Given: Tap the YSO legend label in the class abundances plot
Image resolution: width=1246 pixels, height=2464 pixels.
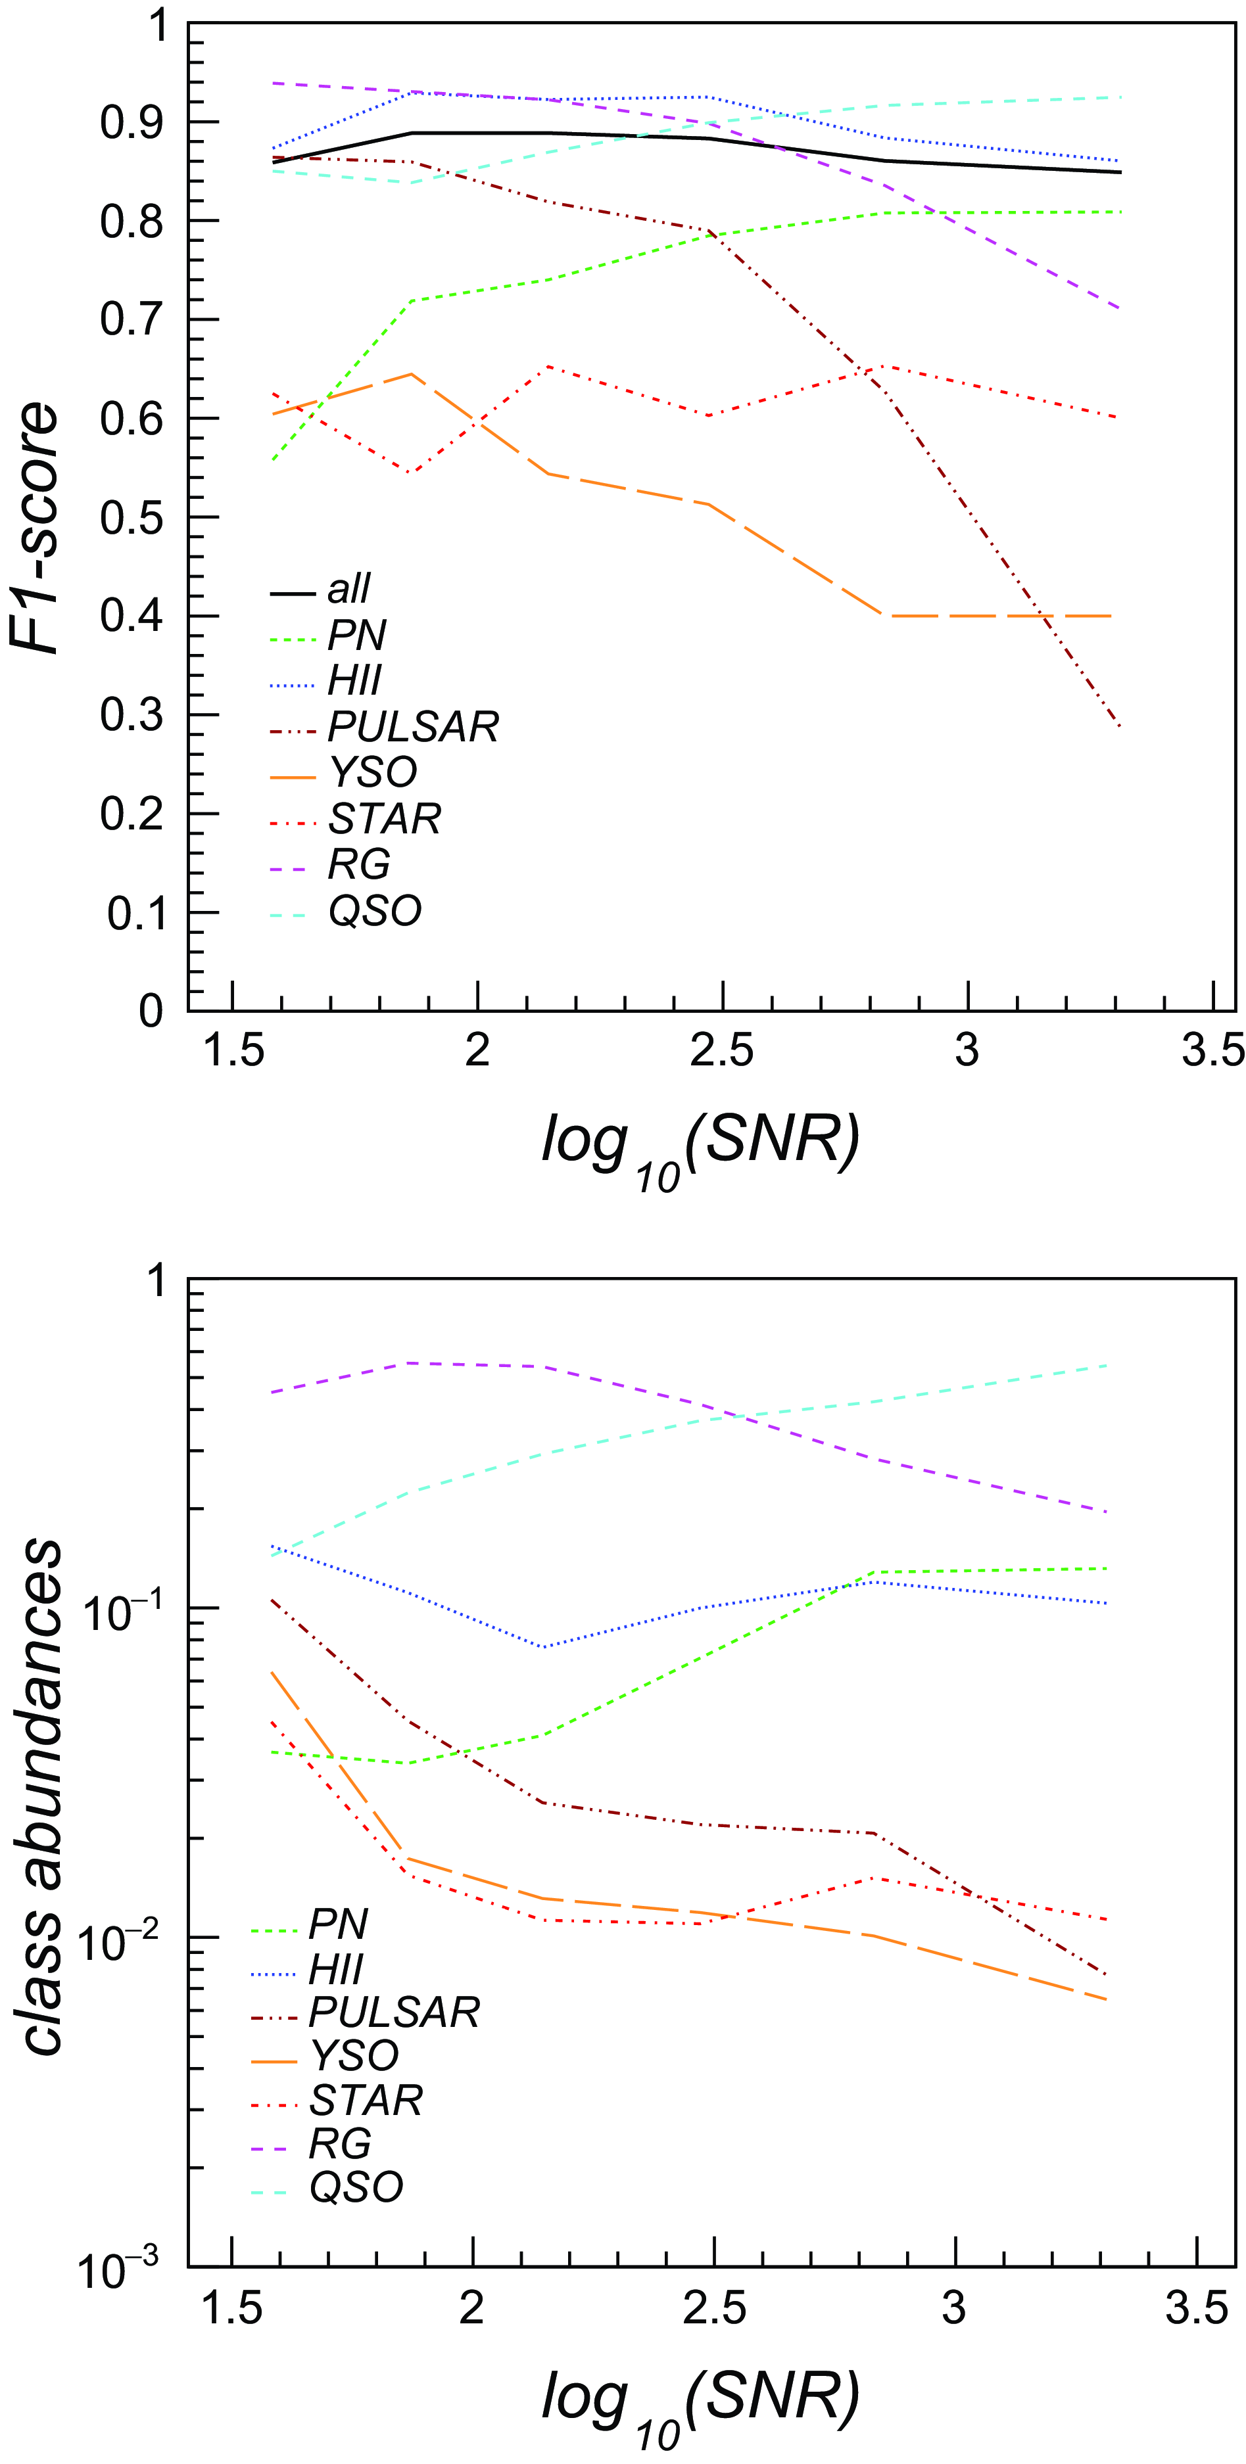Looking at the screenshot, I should point(355,2055).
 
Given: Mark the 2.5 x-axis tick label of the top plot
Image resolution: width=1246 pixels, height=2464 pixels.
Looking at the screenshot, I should point(721,1051).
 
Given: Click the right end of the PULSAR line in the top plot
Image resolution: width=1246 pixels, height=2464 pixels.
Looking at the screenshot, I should point(1118,726).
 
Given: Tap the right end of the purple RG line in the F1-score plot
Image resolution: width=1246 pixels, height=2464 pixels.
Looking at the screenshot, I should point(1118,308).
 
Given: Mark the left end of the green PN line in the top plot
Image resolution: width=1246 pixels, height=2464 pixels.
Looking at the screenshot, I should point(274,461).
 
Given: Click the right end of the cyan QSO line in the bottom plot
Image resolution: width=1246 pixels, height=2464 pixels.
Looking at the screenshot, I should point(1107,1365).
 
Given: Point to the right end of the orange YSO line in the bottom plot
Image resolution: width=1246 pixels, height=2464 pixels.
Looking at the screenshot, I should point(1107,1999).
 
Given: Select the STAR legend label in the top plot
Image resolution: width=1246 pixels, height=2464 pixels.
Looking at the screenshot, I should point(385,819).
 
